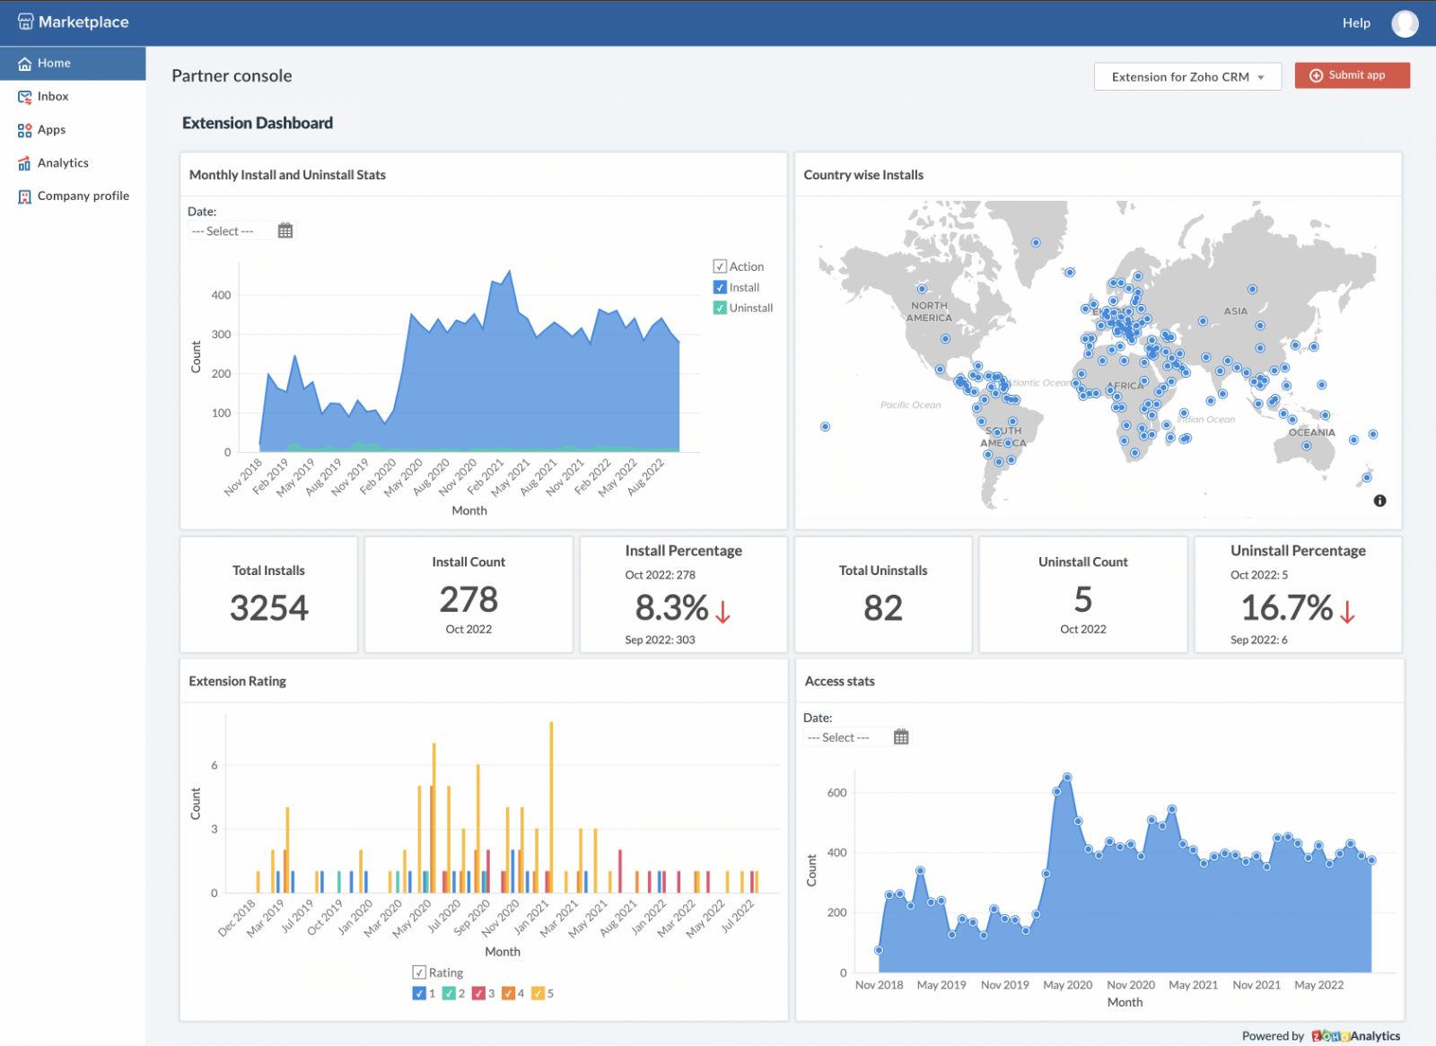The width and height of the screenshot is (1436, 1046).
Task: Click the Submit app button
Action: pyautogui.click(x=1352, y=75)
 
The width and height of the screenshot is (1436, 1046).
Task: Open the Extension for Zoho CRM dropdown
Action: pyautogui.click(x=1186, y=77)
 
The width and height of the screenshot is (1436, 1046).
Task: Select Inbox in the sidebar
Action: pyautogui.click(x=53, y=97)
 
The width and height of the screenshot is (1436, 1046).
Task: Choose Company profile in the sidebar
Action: pyautogui.click(x=83, y=196)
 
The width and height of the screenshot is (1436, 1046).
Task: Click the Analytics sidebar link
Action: pyautogui.click(x=63, y=163)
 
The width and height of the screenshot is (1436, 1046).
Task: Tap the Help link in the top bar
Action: pyautogui.click(x=1356, y=23)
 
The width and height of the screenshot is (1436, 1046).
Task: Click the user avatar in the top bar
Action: pyautogui.click(x=1405, y=23)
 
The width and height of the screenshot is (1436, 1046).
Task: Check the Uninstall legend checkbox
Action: pyautogui.click(x=720, y=308)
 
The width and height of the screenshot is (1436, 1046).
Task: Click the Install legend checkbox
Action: pyautogui.click(x=720, y=287)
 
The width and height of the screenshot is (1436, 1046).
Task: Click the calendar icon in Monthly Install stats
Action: pyautogui.click(x=285, y=231)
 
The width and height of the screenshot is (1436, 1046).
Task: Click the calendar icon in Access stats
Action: pyautogui.click(x=901, y=737)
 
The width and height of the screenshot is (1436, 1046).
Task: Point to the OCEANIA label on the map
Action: pyautogui.click(x=1311, y=432)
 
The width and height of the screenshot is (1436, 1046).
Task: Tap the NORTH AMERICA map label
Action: pyautogui.click(x=929, y=311)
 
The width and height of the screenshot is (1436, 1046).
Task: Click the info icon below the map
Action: pyautogui.click(x=1379, y=501)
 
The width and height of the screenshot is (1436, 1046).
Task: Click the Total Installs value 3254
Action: pyautogui.click(x=269, y=608)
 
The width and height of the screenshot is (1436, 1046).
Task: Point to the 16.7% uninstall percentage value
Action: pyautogui.click(x=1286, y=608)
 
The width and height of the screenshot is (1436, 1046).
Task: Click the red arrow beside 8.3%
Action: pyautogui.click(x=722, y=612)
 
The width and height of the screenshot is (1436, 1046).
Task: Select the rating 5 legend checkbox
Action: pyautogui.click(x=538, y=993)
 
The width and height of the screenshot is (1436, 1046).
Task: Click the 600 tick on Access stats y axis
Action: pyautogui.click(x=836, y=793)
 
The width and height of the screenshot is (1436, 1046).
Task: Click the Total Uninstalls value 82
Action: pyautogui.click(x=883, y=608)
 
